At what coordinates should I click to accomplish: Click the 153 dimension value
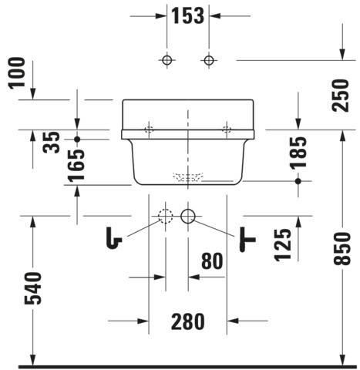click(187, 15)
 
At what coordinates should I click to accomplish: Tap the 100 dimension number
click(17, 73)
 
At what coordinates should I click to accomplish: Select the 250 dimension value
click(341, 96)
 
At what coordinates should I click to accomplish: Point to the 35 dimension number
click(52, 143)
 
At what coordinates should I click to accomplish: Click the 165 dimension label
click(76, 166)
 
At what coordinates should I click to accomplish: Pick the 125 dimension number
click(283, 245)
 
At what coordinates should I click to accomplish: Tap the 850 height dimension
click(341, 248)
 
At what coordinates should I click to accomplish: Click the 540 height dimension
click(33, 288)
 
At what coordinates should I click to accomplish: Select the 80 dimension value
click(212, 261)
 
